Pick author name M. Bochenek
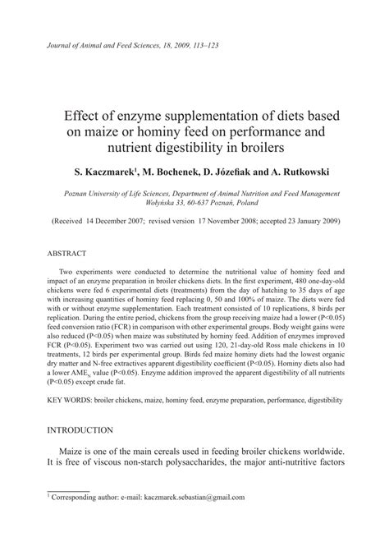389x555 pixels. coord(174,172)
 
